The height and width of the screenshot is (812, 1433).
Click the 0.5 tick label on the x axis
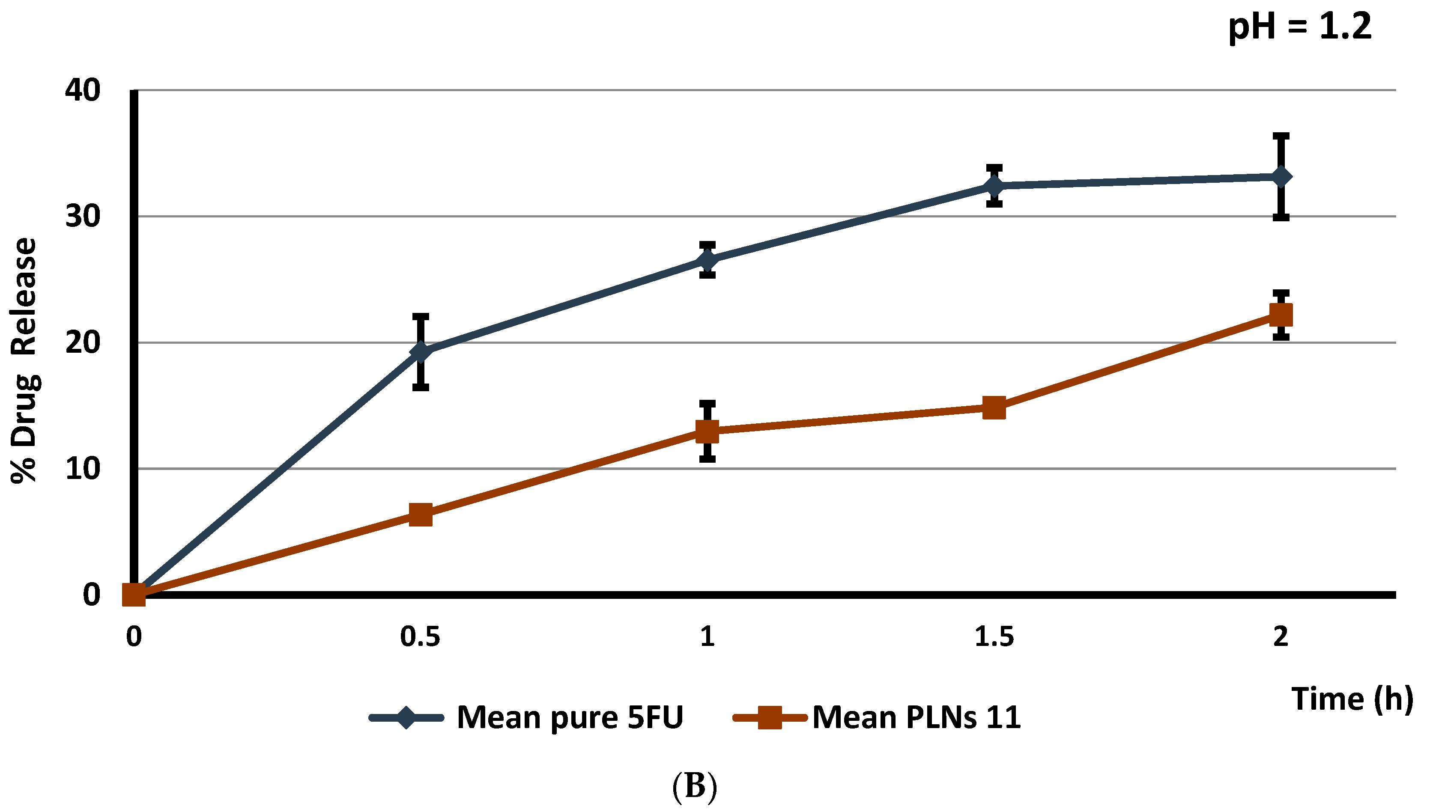(420, 637)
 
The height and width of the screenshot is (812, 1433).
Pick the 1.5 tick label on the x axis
(994, 637)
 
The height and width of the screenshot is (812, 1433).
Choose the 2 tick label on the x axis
(1281, 637)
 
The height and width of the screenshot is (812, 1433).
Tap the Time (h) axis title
(1352, 699)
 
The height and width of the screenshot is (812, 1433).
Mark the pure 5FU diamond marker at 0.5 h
(421, 351)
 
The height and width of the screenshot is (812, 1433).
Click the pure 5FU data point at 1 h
(708, 260)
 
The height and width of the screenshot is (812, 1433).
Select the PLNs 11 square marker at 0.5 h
(421, 515)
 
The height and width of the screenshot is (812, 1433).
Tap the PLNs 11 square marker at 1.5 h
(994, 407)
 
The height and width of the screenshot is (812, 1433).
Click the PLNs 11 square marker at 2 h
(1281, 315)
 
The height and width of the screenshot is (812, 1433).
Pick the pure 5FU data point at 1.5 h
(994, 185)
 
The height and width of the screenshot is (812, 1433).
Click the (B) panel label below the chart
(695, 786)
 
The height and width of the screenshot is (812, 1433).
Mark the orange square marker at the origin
(134, 595)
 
